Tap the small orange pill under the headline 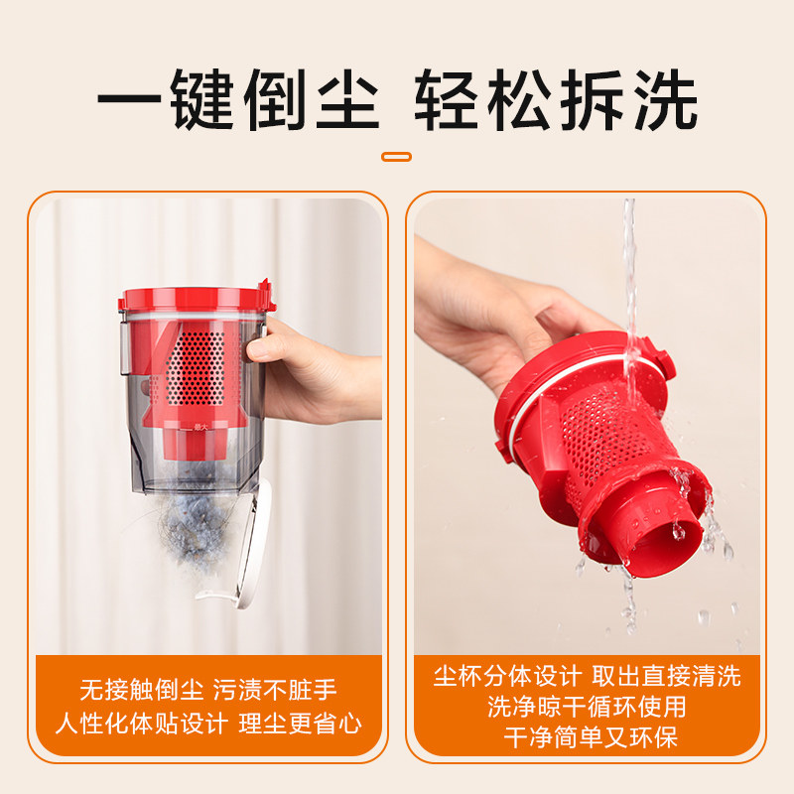click(x=397, y=156)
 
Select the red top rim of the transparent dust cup click(x=194, y=298)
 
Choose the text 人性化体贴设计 click(x=140, y=724)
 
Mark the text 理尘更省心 click(x=299, y=724)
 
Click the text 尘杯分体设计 click(x=506, y=677)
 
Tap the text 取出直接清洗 click(x=666, y=677)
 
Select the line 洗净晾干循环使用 click(x=587, y=708)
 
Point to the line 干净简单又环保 click(x=587, y=738)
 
